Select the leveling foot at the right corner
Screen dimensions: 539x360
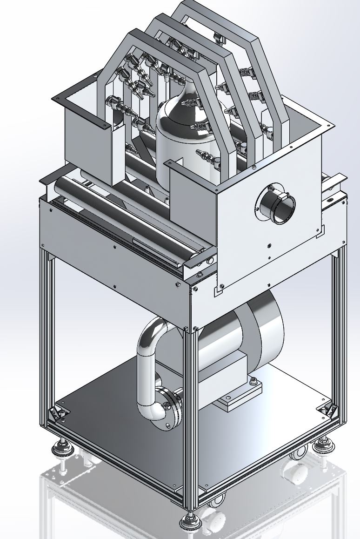click(x=321, y=444)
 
